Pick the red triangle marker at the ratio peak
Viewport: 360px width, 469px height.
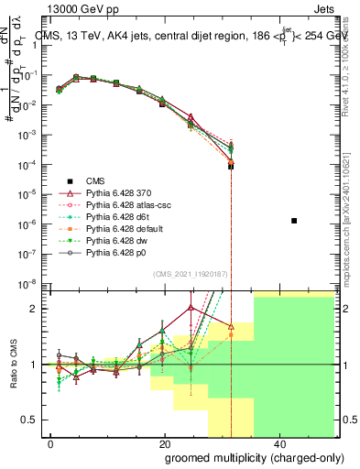pos(191,308)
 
